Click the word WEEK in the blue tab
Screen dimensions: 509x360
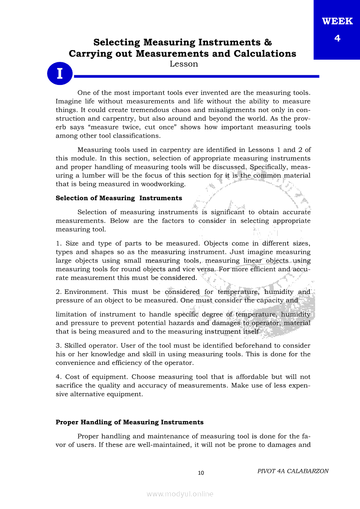pyautogui.click(x=337, y=21)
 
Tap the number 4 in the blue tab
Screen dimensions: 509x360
pyautogui.click(x=337, y=38)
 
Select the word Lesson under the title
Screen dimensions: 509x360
pyautogui.click(x=183, y=64)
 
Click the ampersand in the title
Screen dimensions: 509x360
pyautogui.click(x=268, y=43)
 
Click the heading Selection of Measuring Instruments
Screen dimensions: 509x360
pyautogui.click(x=119, y=198)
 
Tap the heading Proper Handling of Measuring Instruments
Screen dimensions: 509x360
pyautogui.click(x=129, y=422)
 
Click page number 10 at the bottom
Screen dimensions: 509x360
pyautogui.click(x=201, y=473)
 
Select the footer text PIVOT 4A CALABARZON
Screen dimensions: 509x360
pyautogui.click(x=293, y=471)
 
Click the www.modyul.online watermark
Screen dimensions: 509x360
pyautogui.click(x=180, y=494)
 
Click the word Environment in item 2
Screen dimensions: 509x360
pyautogui.click(x=87, y=292)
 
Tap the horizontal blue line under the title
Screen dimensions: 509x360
pyautogui.click(x=196, y=76)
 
